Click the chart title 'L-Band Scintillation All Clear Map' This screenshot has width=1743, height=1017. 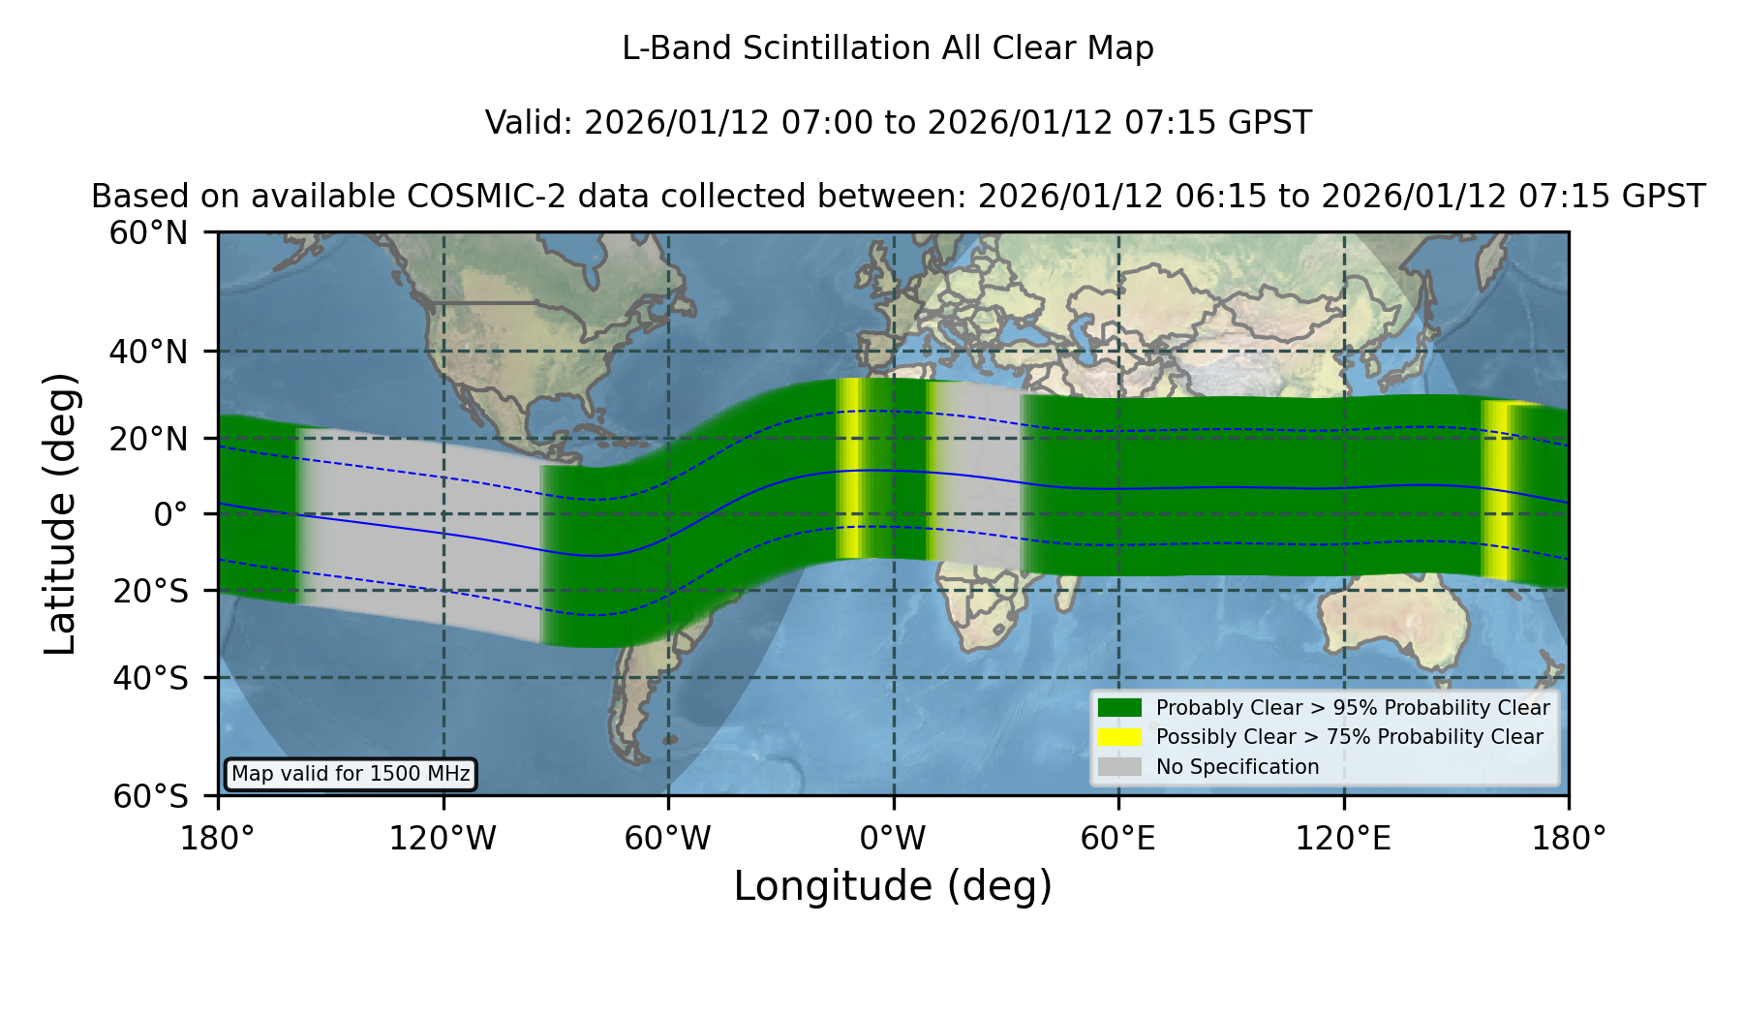click(x=887, y=48)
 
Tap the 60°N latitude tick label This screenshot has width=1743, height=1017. click(x=148, y=233)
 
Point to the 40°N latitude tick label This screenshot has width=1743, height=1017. click(x=148, y=352)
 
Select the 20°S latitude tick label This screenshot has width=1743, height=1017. click(x=151, y=591)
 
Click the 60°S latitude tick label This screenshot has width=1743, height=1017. click(x=151, y=797)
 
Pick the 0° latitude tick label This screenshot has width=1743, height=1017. click(x=170, y=514)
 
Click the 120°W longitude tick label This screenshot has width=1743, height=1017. click(x=443, y=839)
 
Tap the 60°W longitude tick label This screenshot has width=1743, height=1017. click(x=668, y=839)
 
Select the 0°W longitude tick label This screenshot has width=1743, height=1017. click(x=894, y=839)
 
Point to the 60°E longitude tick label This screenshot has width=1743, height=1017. click(x=1118, y=839)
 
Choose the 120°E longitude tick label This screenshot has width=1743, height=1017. click(x=1344, y=839)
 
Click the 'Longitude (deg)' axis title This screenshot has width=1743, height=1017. click(x=893, y=886)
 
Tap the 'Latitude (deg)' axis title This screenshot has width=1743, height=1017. click(x=60, y=513)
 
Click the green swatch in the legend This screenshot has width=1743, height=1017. click(x=1119, y=707)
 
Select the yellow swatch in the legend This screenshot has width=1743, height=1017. click(x=1119, y=737)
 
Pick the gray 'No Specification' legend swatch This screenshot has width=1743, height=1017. click(x=1119, y=767)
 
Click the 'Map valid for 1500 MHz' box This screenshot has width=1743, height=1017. click(x=351, y=774)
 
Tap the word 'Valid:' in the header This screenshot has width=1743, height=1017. click(x=530, y=123)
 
